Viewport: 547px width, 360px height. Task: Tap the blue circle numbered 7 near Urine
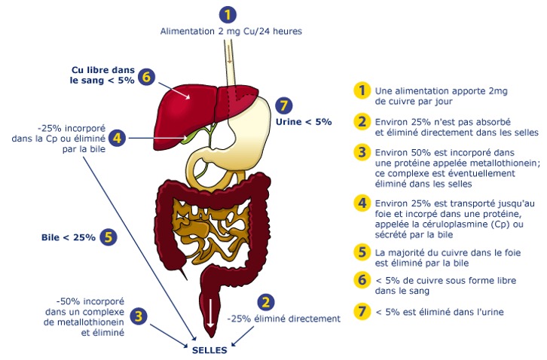point(283,105)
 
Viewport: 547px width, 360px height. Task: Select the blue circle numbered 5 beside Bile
point(108,236)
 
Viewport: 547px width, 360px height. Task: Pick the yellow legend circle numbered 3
point(363,153)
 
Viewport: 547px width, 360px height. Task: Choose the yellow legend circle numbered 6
point(363,279)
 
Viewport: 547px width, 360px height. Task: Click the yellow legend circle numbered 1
point(363,91)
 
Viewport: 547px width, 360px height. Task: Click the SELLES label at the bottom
point(210,349)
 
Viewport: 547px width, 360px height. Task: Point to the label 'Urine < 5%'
point(304,121)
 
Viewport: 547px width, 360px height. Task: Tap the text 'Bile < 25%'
point(69,237)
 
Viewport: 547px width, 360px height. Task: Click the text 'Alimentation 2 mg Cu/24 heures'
point(231,31)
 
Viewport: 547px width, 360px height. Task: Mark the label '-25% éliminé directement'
point(284,319)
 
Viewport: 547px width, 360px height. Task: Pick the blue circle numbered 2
point(264,301)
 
